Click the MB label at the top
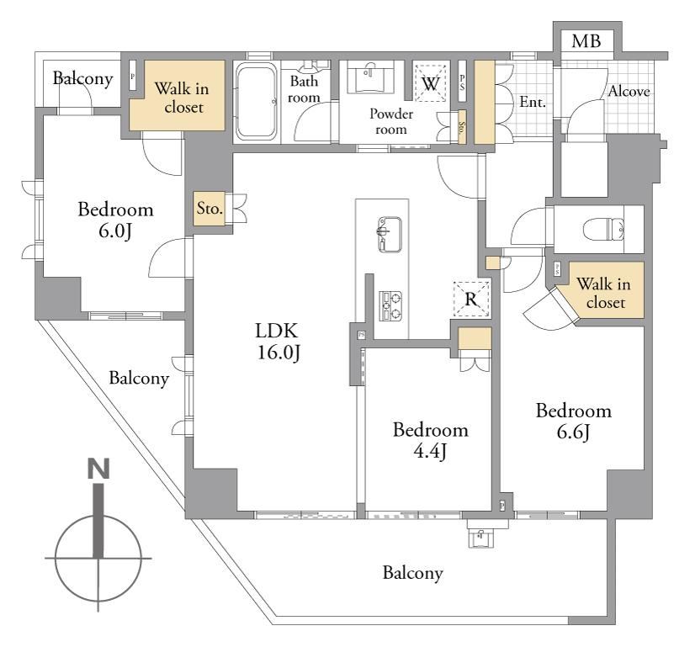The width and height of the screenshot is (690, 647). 586,41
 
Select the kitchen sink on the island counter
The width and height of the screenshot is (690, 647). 390,234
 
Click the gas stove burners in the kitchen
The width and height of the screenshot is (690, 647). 390,305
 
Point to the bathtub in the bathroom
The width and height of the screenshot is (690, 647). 257,101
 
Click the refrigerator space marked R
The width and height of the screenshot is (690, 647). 471,299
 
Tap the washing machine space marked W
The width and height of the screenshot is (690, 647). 430,83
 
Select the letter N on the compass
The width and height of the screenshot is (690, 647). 98,469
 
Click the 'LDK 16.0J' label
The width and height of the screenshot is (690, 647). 278,341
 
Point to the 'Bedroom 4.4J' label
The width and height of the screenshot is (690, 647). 430,440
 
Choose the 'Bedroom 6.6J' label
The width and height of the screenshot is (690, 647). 573,422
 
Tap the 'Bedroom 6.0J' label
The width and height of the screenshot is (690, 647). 115,220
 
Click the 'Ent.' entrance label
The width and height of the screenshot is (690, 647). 533,102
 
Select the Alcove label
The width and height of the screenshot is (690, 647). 629,91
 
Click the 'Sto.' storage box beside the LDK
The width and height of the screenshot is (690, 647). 210,209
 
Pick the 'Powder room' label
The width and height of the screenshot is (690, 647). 390,121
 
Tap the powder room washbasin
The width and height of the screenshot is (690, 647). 370,77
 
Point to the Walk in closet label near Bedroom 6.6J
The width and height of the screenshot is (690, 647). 604,293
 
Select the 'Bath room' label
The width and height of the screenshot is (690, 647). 304,89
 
